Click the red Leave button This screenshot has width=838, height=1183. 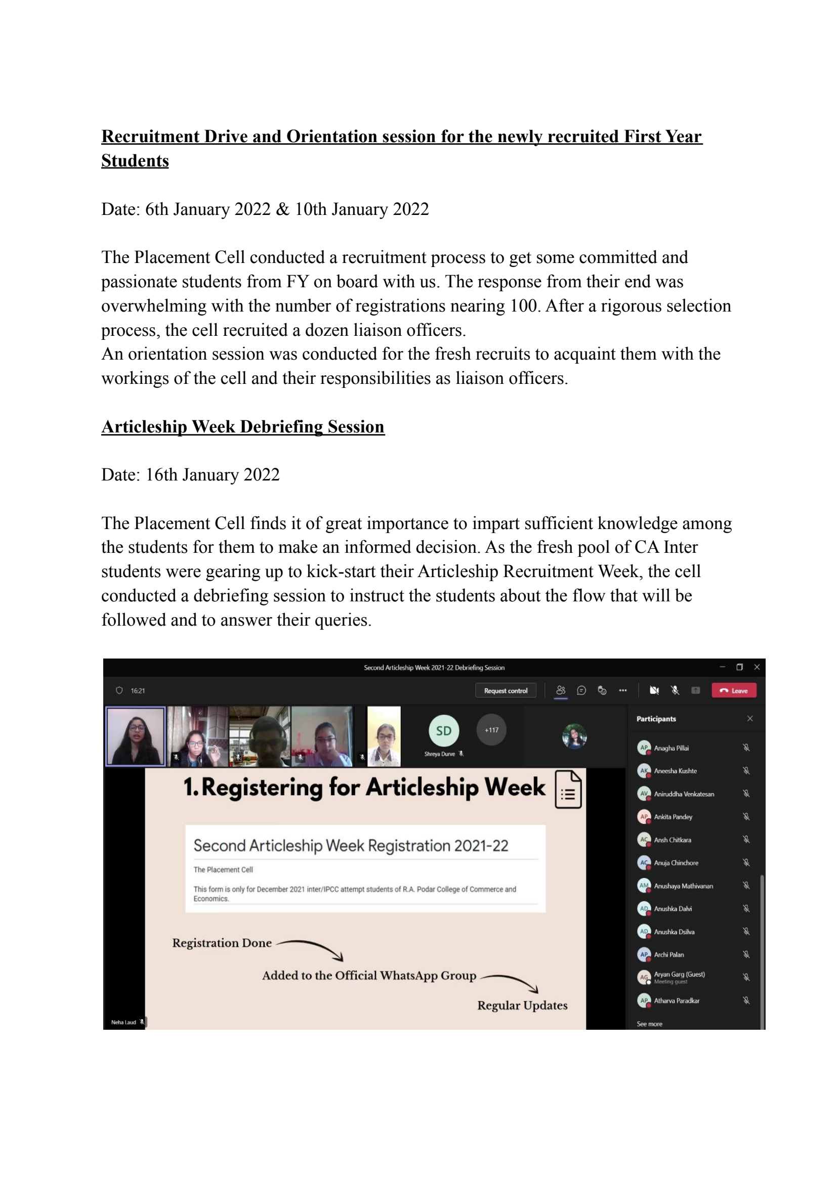coord(733,690)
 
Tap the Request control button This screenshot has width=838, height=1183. coord(505,690)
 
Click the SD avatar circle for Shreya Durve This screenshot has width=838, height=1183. coord(443,731)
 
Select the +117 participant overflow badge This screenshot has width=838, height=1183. coord(491,730)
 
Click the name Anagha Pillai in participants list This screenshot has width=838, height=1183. coord(671,748)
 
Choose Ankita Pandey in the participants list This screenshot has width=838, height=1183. coord(673,817)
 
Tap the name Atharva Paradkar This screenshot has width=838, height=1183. coord(677,1000)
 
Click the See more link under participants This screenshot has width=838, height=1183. coord(649,1024)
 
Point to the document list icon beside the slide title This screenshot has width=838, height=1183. coord(568,790)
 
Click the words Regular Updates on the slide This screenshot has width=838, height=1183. coord(522,1005)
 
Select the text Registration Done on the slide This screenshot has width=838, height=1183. coord(222,943)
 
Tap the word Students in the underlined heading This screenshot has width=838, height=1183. coord(135,161)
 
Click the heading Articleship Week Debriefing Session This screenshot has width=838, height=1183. coord(242,427)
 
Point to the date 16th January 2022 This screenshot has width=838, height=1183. coord(213,475)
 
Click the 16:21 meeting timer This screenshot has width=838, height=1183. coord(137,691)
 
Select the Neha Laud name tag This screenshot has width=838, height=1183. coord(124,1023)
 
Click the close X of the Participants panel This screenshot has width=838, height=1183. coord(750,719)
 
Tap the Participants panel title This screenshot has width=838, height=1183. coord(656,719)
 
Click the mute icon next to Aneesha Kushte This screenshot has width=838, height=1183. coord(746,771)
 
